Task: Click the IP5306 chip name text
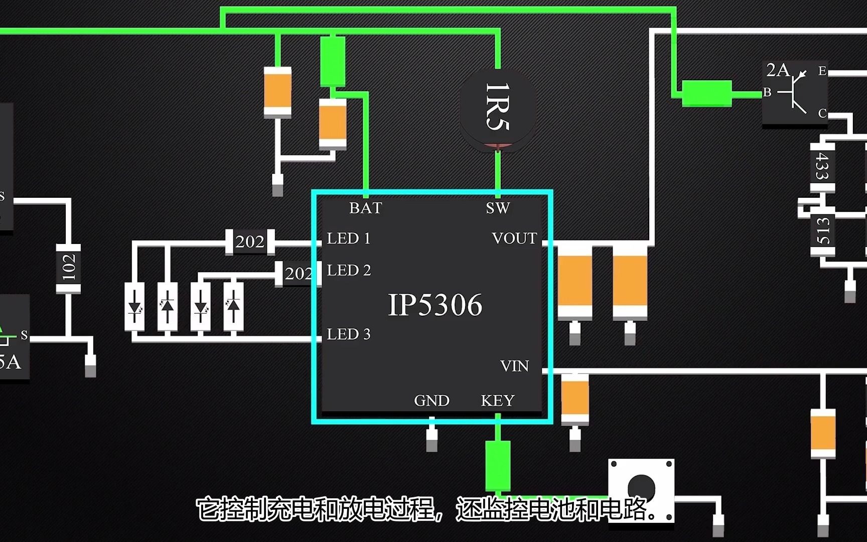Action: coord(435,305)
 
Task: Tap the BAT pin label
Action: coord(365,208)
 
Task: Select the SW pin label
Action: coord(497,208)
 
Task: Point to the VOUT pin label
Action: coord(514,238)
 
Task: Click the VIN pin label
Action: coord(514,366)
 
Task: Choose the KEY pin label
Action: coord(497,400)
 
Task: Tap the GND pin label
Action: coord(431,400)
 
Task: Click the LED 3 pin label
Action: coord(349,334)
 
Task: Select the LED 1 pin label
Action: coord(349,238)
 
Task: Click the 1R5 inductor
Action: coord(497,108)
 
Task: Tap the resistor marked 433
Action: coord(822,167)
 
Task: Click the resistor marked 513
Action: coord(823,231)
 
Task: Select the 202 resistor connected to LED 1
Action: coord(250,242)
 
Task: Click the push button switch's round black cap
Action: coord(641,486)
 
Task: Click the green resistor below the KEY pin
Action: coord(498,466)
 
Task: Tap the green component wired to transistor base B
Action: coord(706,93)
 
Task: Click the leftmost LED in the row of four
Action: coord(134,306)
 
